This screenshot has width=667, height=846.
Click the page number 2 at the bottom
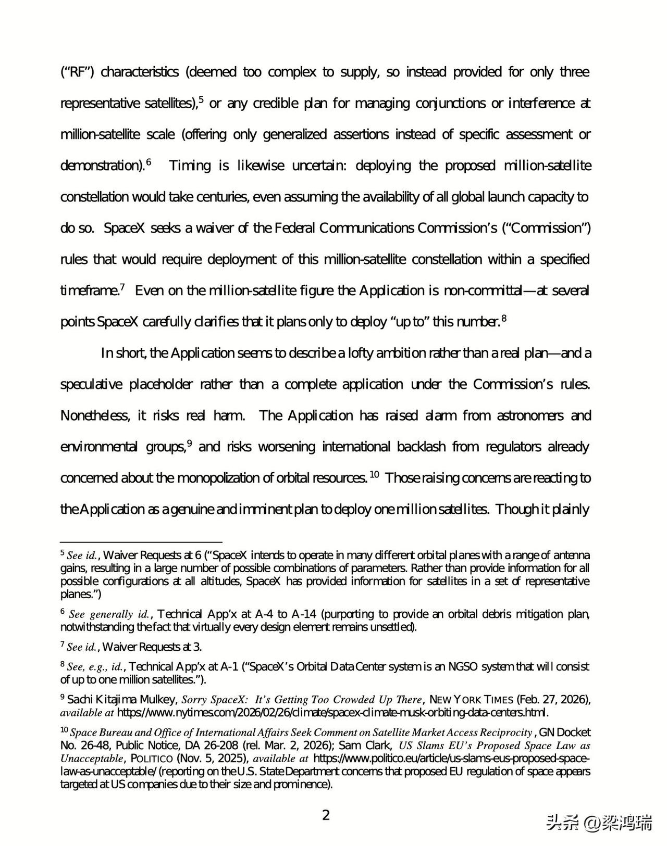pos(326,815)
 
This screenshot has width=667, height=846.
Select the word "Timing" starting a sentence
pos(190,166)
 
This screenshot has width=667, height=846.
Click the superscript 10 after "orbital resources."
pos(374,474)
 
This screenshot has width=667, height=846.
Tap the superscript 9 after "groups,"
pos(190,443)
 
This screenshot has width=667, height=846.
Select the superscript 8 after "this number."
pos(504,318)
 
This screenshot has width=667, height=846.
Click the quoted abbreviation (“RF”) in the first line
pos(77,72)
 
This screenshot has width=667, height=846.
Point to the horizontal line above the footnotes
pos(141,541)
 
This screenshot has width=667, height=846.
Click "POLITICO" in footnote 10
pos(152,759)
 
